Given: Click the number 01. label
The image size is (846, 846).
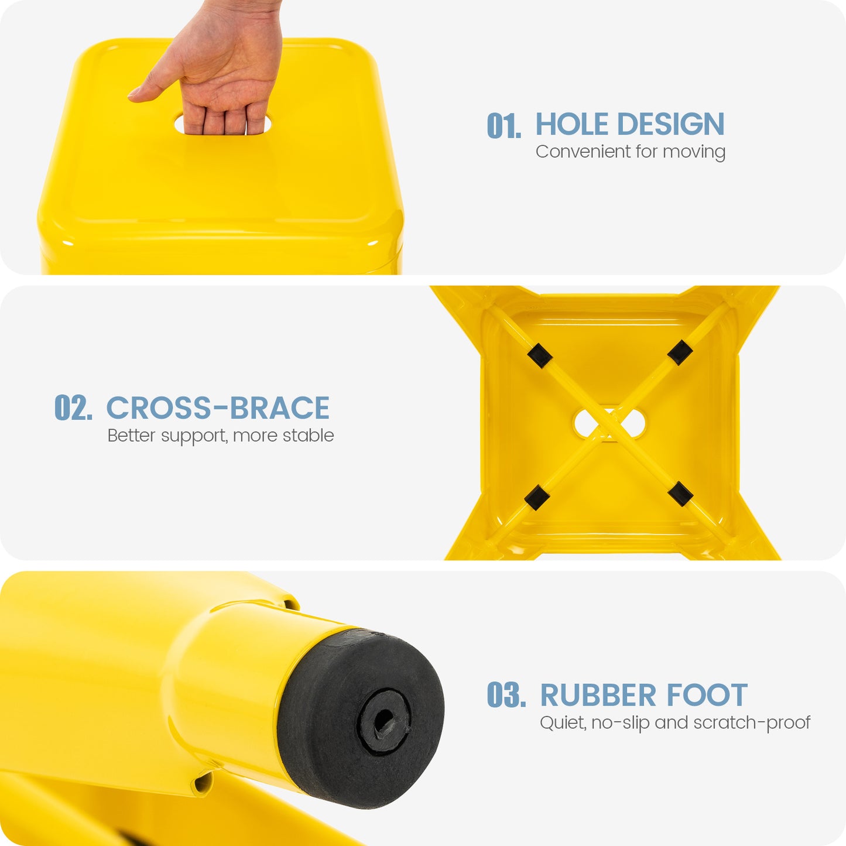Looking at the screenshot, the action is pyautogui.click(x=504, y=126).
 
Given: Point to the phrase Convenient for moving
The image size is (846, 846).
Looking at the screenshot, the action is pyautogui.click(x=631, y=152).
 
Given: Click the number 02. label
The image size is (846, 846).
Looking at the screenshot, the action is pyautogui.click(x=73, y=407).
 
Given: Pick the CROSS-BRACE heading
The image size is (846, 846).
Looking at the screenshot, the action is pyautogui.click(x=218, y=407).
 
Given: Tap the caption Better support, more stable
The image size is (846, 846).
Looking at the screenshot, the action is pyautogui.click(x=221, y=436).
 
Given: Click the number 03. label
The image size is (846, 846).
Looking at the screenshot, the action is pyautogui.click(x=506, y=695).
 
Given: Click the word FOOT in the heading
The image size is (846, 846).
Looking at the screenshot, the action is pyautogui.click(x=707, y=695).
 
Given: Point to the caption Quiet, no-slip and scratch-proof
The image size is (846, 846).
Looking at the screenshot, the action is pyautogui.click(x=675, y=722).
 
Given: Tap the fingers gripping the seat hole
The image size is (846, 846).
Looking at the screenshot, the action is pyautogui.click(x=223, y=118).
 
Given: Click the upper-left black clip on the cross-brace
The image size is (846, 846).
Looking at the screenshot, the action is pyautogui.click(x=540, y=355).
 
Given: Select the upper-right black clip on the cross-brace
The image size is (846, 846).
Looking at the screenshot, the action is pyautogui.click(x=680, y=352).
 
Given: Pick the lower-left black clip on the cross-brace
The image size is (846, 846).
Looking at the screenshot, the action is pyautogui.click(x=537, y=498).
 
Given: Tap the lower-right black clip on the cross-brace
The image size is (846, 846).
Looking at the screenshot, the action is pyautogui.click(x=680, y=494).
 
